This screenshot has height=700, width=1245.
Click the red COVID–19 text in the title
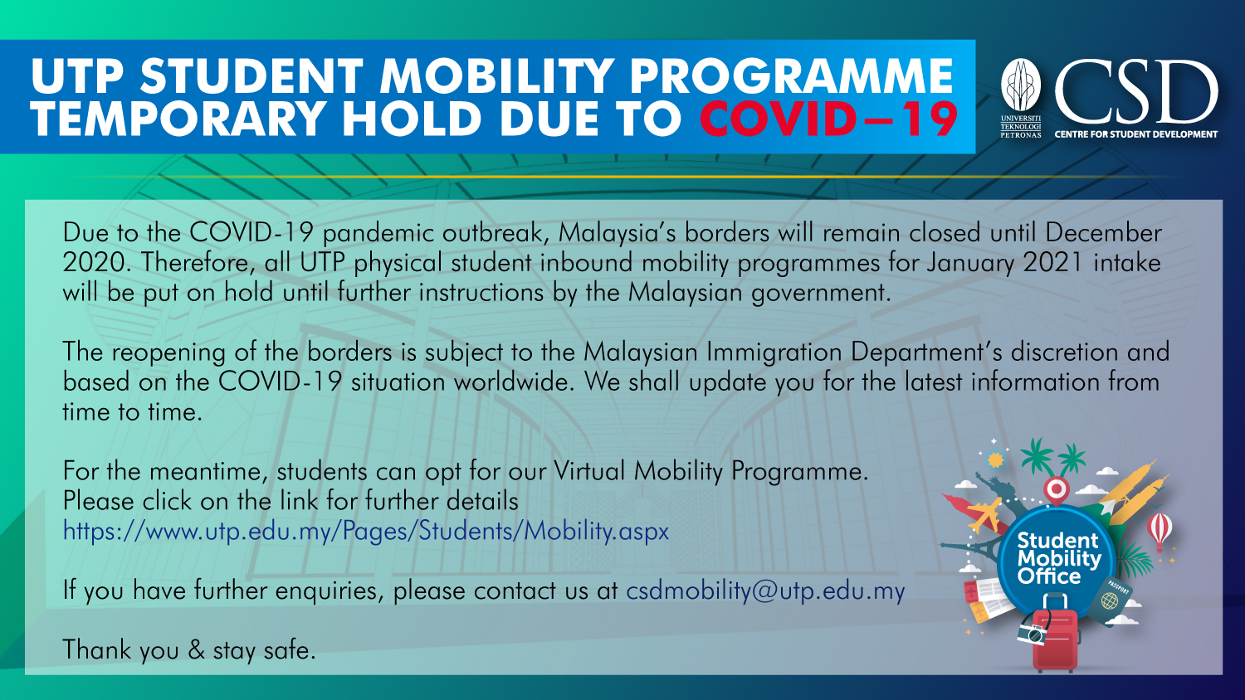click(x=828, y=119)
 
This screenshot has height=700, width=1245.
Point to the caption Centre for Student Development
click(x=1135, y=134)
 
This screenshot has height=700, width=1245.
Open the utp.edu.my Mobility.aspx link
click(x=365, y=531)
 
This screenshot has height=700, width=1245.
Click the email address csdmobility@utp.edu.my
click(x=764, y=591)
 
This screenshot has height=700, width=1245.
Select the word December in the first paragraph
click(x=1103, y=233)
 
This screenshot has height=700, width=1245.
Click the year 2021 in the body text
click(x=1052, y=263)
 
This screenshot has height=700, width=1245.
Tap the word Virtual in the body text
click(x=589, y=471)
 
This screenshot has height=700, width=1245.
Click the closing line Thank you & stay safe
click(x=189, y=650)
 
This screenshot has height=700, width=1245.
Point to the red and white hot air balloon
click(x=1160, y=528)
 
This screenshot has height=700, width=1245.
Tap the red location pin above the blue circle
click(x=1056, y=490)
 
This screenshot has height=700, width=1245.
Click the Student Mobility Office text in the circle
click(x=1058, y=558)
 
